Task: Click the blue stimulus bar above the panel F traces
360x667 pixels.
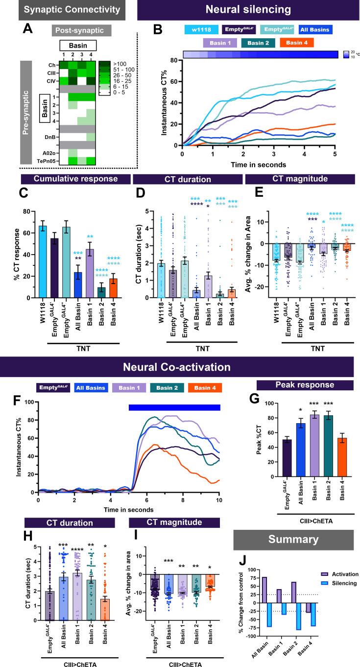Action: tap(174, 407)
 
